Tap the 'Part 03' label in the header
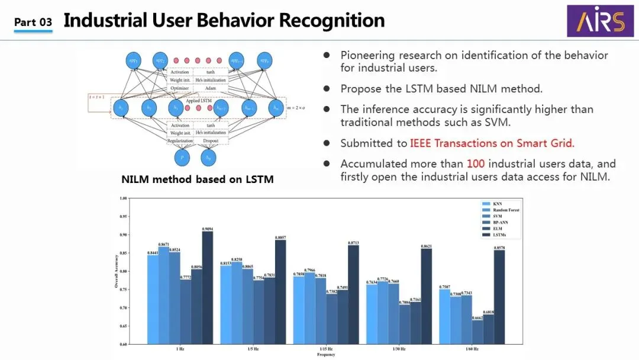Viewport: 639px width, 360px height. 33,22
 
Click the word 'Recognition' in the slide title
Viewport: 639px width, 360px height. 331,21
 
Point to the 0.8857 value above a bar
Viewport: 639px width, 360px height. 280,236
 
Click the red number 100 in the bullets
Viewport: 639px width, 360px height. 476,163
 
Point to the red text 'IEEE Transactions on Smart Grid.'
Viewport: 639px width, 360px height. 492,143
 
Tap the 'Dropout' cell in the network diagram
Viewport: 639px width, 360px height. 210,141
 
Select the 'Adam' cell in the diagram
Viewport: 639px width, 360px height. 210,88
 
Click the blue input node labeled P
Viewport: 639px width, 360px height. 182,157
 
